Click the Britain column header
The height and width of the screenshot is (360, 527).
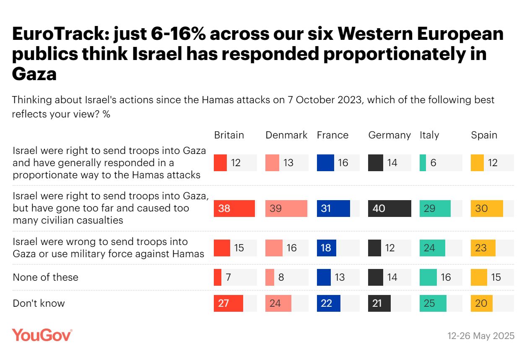click(x=229, y=135)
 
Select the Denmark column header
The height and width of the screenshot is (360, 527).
click(x=286, y=135)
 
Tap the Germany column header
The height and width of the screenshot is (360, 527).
click(x=389, y=135)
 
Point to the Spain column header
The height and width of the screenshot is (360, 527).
click(x=484, y=135)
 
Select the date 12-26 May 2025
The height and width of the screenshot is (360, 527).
click(x=481, y=336)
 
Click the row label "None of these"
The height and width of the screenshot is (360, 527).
click(x=45, y=277)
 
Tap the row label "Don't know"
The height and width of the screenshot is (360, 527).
click(x=39, y=303)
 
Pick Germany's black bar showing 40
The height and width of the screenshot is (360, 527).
click(x=389, y=209)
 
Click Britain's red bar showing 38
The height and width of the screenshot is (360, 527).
click(x=234, y=209)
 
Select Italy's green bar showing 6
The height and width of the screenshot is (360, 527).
click(x=423, y=163)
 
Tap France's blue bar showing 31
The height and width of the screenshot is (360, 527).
click(x=333, y=209)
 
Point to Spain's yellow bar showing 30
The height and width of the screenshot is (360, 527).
click(x=486, y=209)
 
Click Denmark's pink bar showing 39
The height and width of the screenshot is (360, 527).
click(x=286, y=209)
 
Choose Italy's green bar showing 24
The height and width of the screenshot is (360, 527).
click(x=432, y=248)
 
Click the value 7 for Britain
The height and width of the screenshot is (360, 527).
click(x=228, y=277)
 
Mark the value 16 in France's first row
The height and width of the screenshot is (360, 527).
click(x=343, y=163)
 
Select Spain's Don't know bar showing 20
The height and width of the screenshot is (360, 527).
click(x=481, y=303)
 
